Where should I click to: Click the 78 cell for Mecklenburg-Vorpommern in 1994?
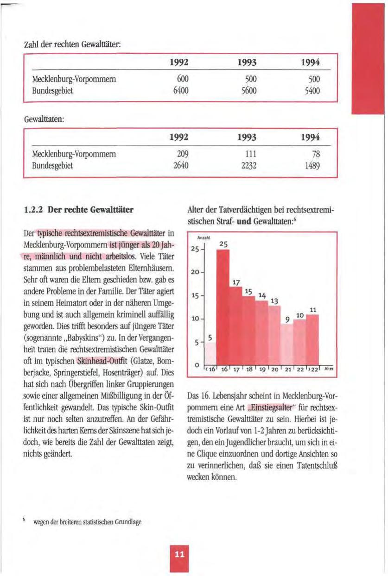pos(319,153)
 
